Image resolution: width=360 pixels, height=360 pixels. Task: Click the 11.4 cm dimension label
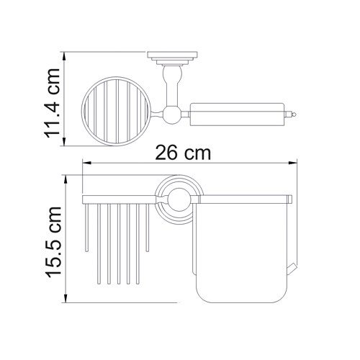(53, 103)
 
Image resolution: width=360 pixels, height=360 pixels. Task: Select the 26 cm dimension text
(183, 153)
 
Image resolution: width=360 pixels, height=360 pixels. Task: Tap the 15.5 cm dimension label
(53, 242)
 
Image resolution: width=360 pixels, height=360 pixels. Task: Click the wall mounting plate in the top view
(172, 55)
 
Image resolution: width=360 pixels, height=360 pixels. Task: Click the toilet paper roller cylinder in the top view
(237, 114)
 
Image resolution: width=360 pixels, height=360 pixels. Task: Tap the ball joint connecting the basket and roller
(172, 114)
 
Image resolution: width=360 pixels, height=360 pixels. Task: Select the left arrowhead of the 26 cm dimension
(87, 163)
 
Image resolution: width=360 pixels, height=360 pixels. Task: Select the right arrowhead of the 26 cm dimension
(293, 163)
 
